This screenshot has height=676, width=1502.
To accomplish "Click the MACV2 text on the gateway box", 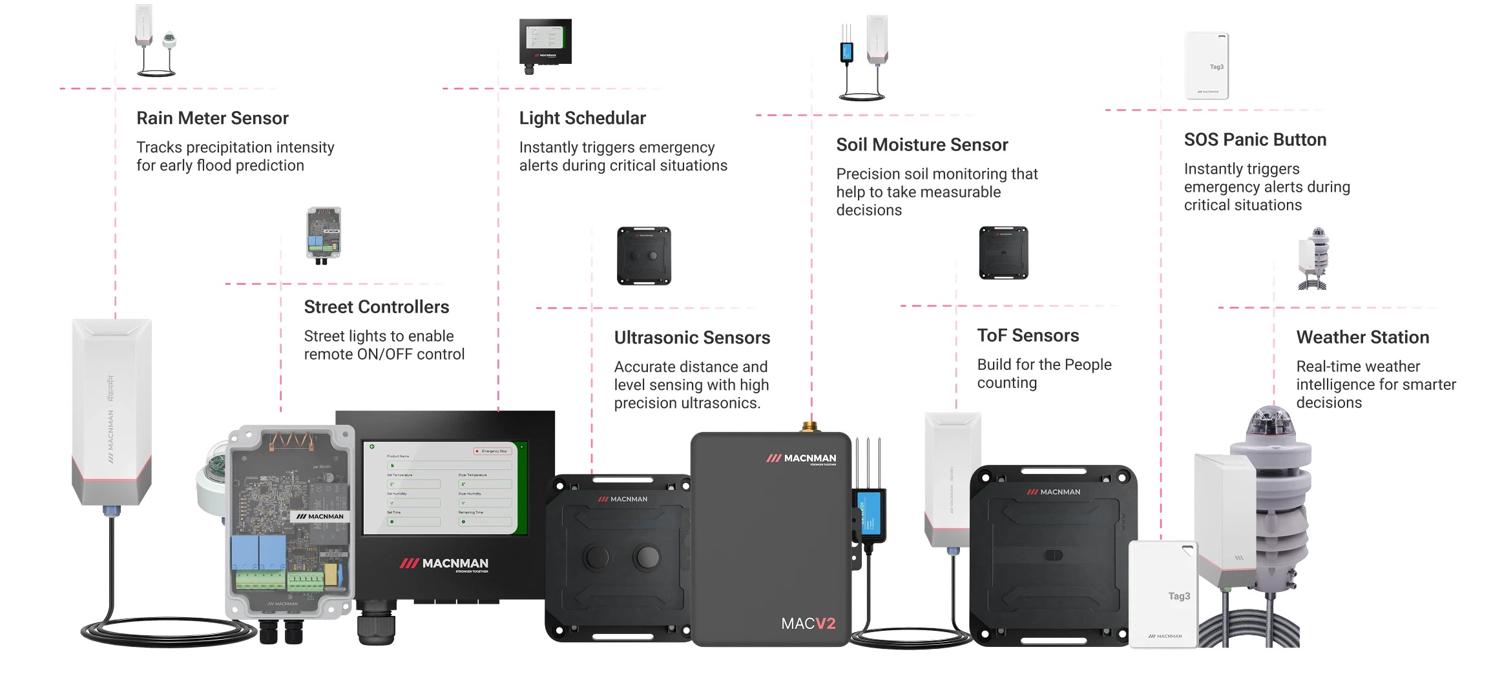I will coord(808,623).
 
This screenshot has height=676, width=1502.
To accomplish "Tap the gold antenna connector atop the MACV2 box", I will coord(808,425).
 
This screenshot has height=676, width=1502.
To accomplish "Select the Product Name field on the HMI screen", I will coord(449,465).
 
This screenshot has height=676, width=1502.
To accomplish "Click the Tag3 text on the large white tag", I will coord(1179,596).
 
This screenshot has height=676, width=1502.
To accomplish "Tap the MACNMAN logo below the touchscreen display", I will coord(444,564).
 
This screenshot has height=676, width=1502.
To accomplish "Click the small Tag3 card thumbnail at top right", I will coord(1207,67).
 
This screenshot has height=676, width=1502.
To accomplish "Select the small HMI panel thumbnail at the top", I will coord(545,42).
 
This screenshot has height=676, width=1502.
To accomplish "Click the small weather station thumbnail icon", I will coord(1315,258).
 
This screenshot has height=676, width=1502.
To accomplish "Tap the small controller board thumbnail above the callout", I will coord(323,234).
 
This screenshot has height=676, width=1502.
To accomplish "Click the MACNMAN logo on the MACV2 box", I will coord(801,459).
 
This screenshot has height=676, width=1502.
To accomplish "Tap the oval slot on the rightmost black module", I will coord(1053,555).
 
